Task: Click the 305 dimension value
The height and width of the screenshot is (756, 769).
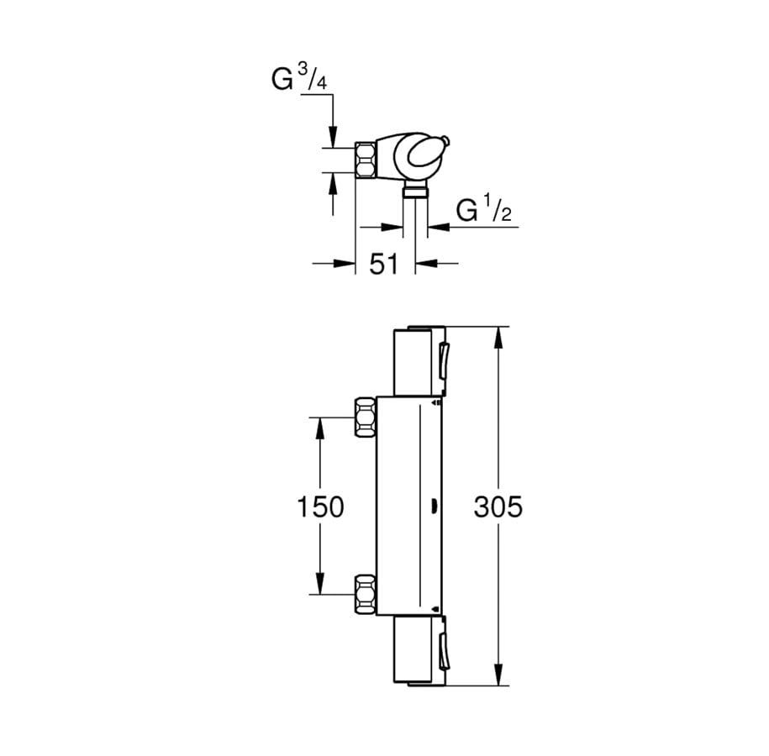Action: coord(498,507)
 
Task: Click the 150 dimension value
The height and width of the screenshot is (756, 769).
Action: coord(320,507)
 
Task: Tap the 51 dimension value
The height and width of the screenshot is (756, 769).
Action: coord(384,265)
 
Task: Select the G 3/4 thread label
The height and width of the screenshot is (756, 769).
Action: coord(299,77)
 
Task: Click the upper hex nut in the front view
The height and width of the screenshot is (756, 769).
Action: coord(366,417)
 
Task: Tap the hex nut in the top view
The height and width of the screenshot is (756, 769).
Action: coord(366,160)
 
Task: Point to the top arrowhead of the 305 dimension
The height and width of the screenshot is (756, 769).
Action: coord(498,338)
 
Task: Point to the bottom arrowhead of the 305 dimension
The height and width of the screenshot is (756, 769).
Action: coord(498,675)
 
